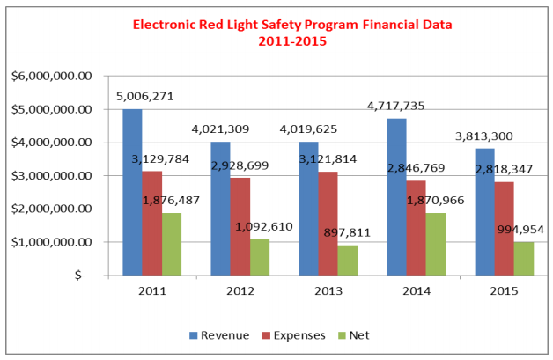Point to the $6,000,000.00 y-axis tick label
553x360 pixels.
[x=52, y=77]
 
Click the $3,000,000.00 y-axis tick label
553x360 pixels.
[x=52, y=176]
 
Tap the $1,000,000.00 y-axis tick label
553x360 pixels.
[x=52, y=242]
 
